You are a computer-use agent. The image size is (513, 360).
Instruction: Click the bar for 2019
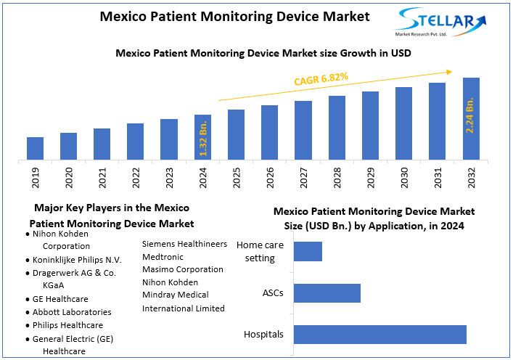(x=35, y=148)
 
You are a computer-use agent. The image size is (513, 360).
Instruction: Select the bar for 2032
(x=471, y=118)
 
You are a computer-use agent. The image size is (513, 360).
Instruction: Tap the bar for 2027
(x=303, y=130)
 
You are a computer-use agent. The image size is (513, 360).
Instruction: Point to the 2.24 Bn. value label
(x=470, y=114)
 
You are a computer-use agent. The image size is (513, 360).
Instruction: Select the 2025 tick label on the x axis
(x=237, y=177)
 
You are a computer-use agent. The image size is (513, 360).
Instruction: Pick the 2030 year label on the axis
(x=404, y=177)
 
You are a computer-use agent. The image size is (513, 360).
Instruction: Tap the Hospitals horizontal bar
(x=379, y=334)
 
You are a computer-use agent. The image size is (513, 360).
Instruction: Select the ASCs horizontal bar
(x=327, y=293)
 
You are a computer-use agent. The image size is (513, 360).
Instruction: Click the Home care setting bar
(x=308, y=252)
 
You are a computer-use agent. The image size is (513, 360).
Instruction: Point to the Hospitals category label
(x=263, y=335)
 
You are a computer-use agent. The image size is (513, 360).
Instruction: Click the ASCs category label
(x=273, y=293)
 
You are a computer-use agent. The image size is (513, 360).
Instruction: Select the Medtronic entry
(x=163, y=256)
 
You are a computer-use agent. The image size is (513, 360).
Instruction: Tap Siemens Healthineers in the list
(x=184, y=244)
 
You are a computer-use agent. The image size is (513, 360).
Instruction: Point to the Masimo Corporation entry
(x=182, y=269)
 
